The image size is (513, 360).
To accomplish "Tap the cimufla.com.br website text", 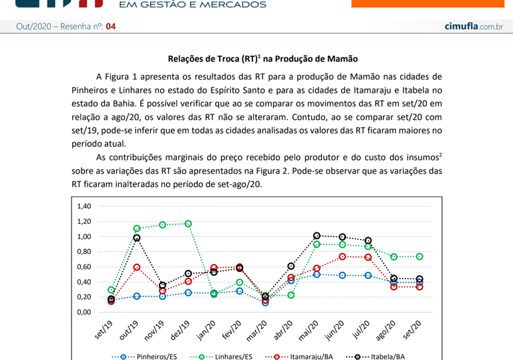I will tap(473, 26).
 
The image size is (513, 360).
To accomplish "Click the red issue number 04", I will tap(110, 27).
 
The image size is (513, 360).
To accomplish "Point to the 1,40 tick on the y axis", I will tap(83, 206).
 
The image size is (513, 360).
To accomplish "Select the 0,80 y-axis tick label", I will tap(83, 252).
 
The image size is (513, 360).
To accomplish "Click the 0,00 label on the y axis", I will tap(83, 312).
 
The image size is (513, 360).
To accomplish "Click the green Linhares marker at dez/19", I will tap(188, 224).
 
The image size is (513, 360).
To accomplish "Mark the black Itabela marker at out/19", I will tap(137, 238).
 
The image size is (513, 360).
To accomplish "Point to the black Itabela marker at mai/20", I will tap(317, 236).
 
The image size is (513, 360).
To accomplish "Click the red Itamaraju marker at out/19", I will tap(137, 267).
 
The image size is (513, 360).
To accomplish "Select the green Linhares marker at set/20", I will tap(419, 256).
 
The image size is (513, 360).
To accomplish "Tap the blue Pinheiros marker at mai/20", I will tap(317, 274).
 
